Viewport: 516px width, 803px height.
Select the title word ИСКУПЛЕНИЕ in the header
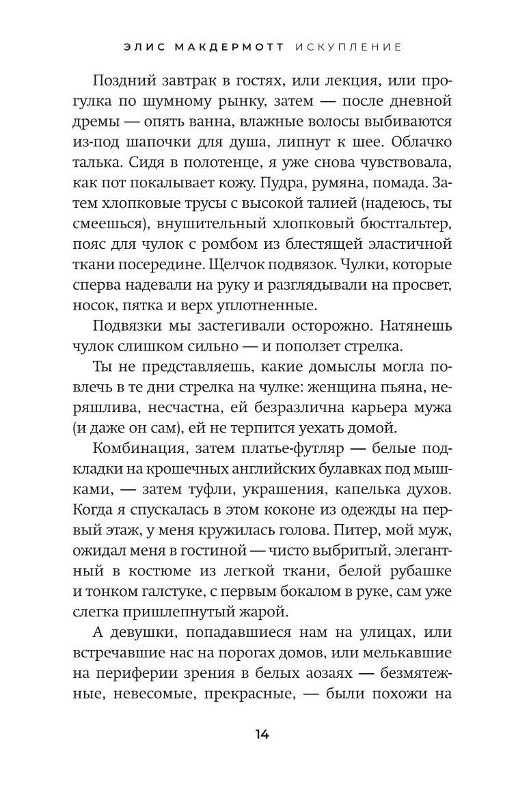(349, 47)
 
